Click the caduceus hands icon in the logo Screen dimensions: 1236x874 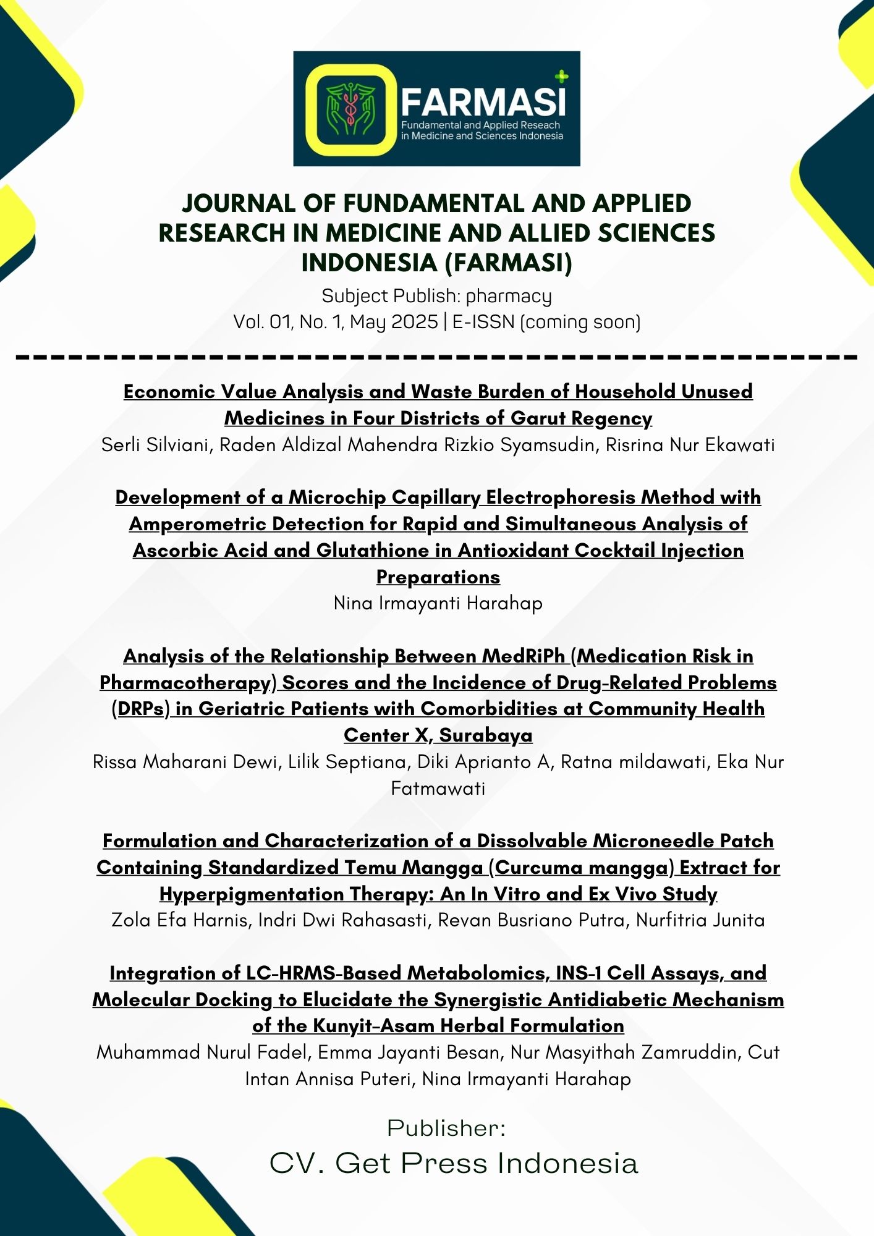click(x=350, y=109)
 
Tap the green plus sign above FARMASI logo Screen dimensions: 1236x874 click(x=561, y=77)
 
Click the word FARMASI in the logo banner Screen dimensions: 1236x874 click(x=483, y=101)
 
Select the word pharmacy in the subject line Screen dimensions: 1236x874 click(x=508, y=297)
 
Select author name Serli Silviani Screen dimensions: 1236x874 click(x=157, y=445)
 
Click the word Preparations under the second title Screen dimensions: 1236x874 click(x=438, y=577)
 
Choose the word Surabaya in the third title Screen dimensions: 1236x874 click(x=486, y=735)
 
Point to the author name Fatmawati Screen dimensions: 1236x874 click(x=438, y=789)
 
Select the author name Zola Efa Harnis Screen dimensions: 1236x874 click(x=181, y=920)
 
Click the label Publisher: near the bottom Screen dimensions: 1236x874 click(x=446, y=1128)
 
